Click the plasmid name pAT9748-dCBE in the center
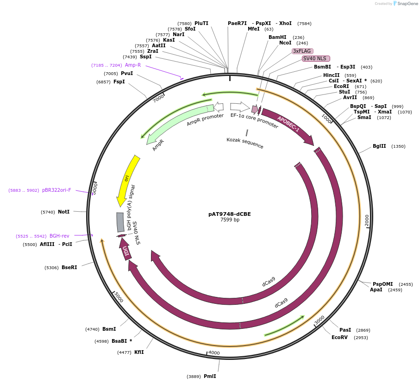[230, 214]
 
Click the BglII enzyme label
[379, 146]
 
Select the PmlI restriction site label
[209, 376]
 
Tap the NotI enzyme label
[63, 212]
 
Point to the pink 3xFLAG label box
[302, 51]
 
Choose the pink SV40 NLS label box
[316, 58]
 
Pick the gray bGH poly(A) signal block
[120, 222]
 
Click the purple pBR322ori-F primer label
[56, 190]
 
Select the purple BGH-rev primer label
[59, 236]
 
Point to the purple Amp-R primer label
[132, 65]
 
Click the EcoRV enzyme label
[339, 338]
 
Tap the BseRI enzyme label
[69, 267]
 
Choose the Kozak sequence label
[245, 143]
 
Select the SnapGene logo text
[406, 4]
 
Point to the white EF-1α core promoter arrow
[239, 107]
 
